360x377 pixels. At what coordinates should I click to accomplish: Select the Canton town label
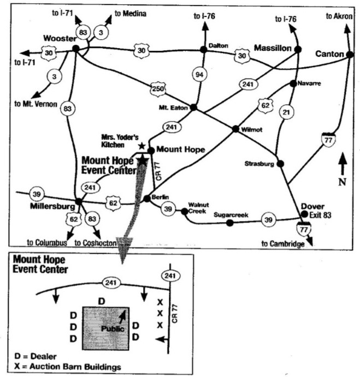coord(330,53)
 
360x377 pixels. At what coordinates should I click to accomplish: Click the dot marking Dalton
coord(203,49)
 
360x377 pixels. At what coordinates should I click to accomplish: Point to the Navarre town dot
coord(293,83)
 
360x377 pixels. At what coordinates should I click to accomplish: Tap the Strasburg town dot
coord(280,163)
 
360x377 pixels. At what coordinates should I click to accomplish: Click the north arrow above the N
coord(342,162)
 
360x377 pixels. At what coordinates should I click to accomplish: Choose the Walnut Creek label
coord(197,207)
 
